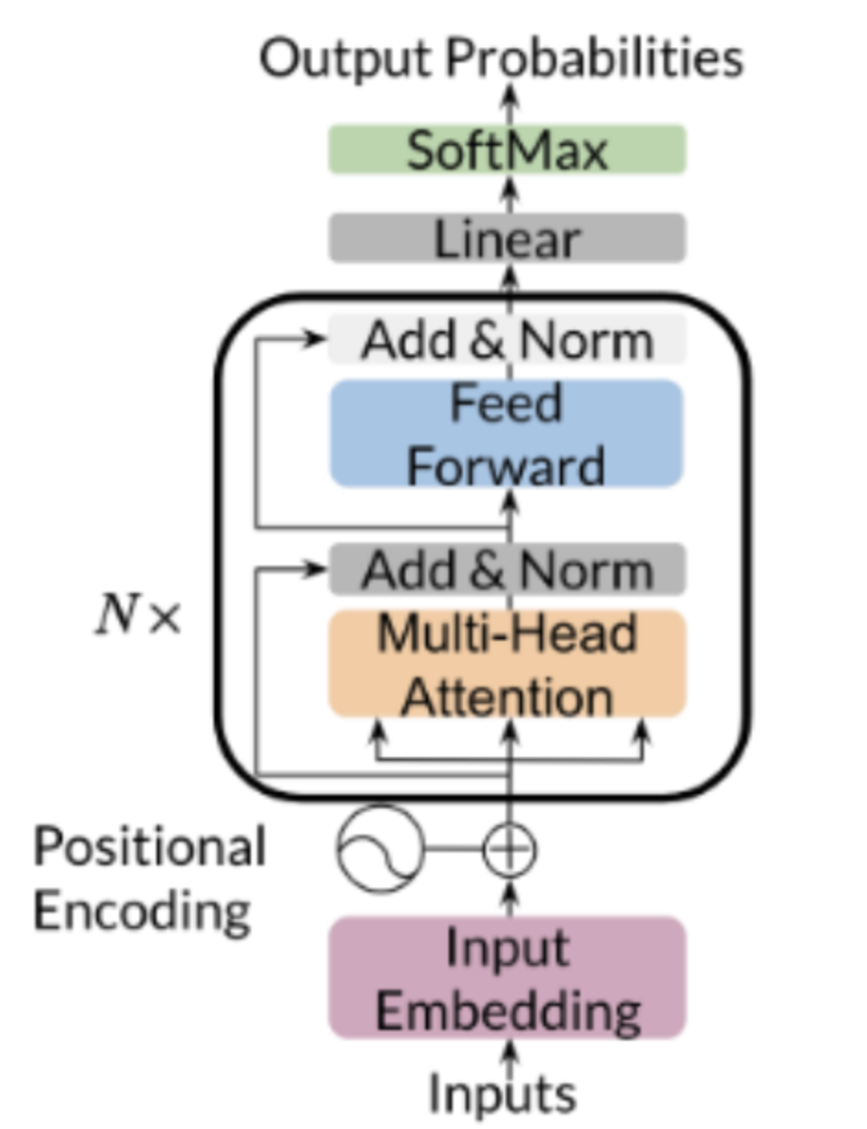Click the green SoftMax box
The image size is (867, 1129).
pos(507,149)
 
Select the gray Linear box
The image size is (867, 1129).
pos(507,238)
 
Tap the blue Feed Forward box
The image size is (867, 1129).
pos(507,434)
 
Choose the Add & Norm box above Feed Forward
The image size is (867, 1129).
pos(507,342)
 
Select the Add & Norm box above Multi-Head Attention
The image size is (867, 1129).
pos(507,570)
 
